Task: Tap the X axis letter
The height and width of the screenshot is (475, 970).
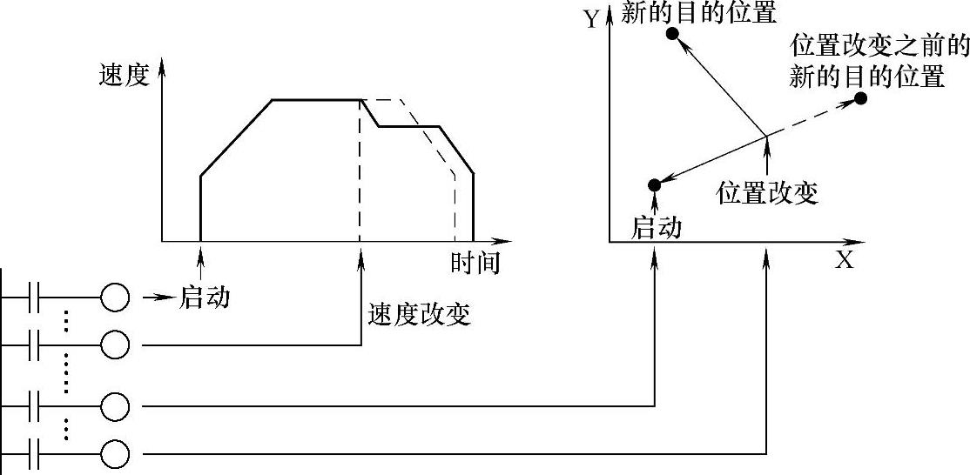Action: [844, 260]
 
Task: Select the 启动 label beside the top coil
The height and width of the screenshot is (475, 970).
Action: [205, 298]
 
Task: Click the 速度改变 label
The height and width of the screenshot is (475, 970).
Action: [420, 313]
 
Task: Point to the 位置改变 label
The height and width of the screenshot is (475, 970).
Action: [767, 192]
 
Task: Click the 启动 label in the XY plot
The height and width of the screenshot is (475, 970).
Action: [656, 228]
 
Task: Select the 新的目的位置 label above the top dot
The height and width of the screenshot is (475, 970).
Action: [699, 11]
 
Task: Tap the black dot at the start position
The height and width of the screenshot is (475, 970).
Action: [654, 184]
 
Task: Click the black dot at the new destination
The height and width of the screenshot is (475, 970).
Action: [671, 33]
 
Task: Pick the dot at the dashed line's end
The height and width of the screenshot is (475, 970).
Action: [861, 98]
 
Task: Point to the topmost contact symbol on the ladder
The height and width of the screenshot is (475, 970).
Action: [36, 298]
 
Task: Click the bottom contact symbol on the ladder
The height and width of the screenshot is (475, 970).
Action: [36, 454]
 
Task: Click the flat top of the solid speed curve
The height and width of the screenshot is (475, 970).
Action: [317, 100]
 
